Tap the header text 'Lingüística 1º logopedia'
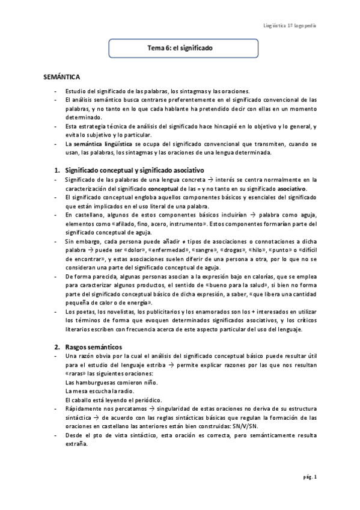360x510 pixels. (x=291, y=26)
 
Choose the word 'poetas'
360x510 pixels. (x=84, y=312)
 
